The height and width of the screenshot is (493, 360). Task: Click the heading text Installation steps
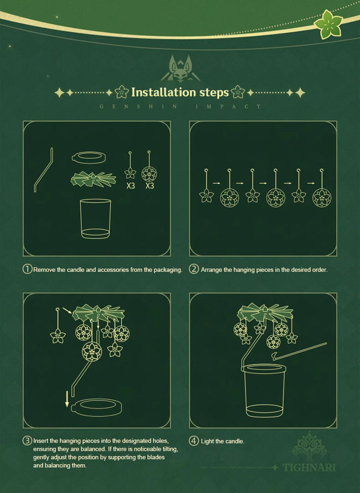pyautogui.click(x=180, y=93)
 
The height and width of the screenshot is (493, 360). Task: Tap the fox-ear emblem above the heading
pyautogui.click(x=180, y=69)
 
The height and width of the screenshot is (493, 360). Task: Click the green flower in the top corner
pyautogui.click(x=328, y=24)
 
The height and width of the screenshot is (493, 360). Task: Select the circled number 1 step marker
pyautogui.click(x=27, y=269)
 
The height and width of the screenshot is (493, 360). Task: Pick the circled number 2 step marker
pyautogui.click(x=194, y=269)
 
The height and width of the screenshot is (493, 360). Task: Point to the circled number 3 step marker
pyautogui.click(x=27, y=441)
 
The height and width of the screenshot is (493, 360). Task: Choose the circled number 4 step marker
pyautogui.click(x=194, y=441)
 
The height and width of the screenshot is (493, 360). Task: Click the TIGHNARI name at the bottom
pyautogui.click(x=309, y=467)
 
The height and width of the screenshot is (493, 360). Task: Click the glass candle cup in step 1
pyautogui.click(x=96, y=219)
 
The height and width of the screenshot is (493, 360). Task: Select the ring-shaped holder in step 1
pyautogui.click(x=89, y=157)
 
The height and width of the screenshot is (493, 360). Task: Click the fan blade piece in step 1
pyautogui.click(x=93, y=180)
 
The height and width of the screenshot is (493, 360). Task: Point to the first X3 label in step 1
pyautogui.click(x=131, y=186)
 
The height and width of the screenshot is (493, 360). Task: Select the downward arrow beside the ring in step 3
pyautogui.click(x=67, y=399)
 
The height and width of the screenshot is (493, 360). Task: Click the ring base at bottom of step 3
pyautogui.click(x=97, y=407)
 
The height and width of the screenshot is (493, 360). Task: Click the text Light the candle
pyautogui.click(x=222, y=441)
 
